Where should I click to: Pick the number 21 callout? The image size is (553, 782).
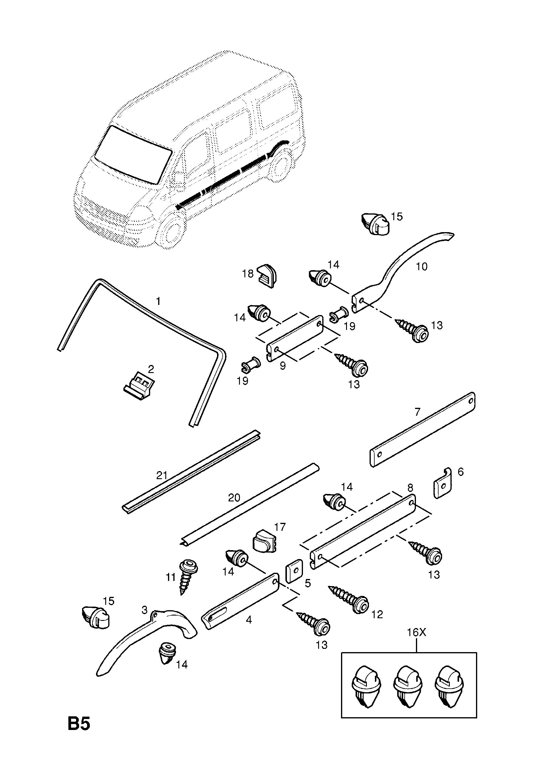(162, 475)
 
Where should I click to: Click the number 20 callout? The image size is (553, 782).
(234, 498)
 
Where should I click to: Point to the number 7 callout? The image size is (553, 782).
(418, 412)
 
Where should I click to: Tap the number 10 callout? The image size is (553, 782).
(422, 266)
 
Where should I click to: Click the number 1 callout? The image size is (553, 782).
(158, 301)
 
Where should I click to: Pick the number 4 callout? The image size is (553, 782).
(249, 620)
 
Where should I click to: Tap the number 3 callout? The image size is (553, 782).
(144, 610)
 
